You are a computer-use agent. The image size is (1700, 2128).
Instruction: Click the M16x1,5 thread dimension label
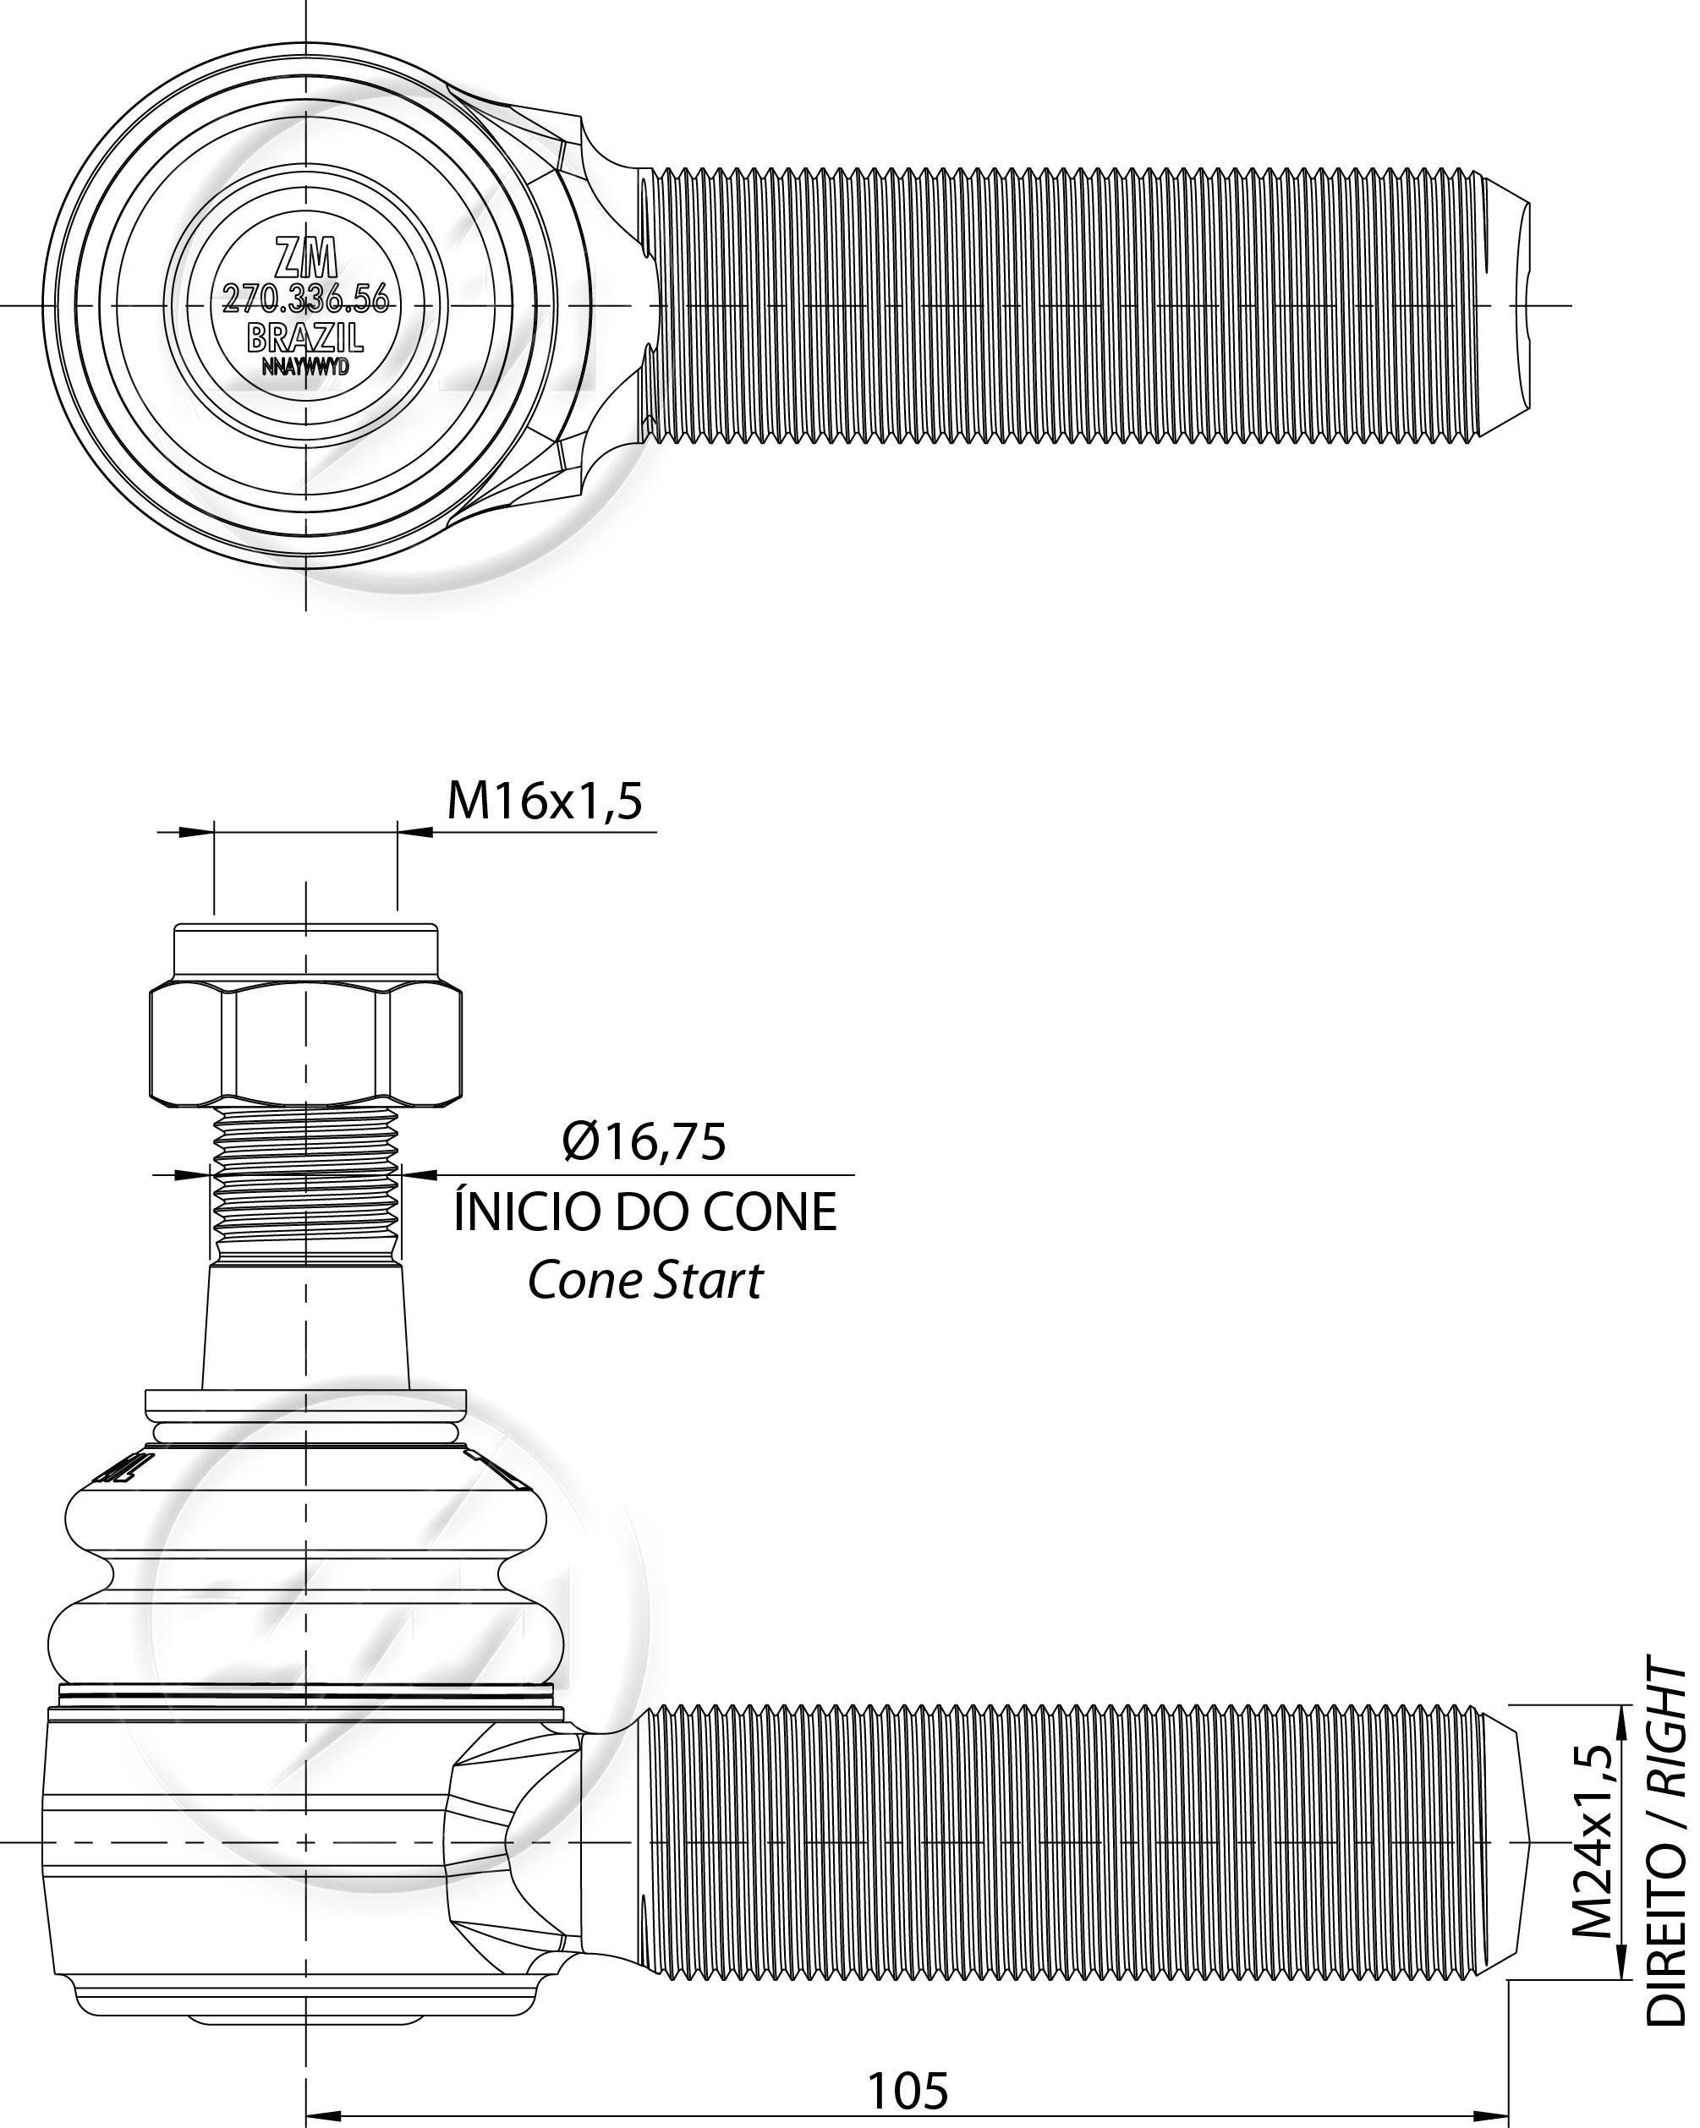point(545,801)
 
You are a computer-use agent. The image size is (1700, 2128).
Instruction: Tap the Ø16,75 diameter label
point(644,1142)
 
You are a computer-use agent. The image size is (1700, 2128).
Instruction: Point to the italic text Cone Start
point(644,1281)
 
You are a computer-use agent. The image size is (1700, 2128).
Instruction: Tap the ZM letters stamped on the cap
point(305,259)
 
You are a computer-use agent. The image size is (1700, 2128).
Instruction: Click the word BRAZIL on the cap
point(305,337)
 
